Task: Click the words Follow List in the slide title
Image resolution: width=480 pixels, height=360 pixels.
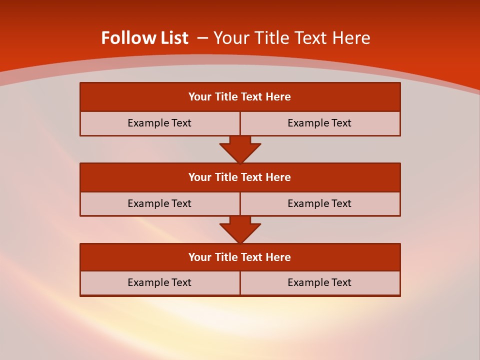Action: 144,38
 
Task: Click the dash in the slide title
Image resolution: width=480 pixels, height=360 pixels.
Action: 202,38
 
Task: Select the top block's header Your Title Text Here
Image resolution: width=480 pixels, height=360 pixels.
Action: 240,97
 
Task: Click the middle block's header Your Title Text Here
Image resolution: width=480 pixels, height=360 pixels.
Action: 240,177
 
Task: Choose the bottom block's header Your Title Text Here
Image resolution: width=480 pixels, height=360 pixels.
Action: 240,257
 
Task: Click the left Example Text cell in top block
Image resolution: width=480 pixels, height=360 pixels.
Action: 159,123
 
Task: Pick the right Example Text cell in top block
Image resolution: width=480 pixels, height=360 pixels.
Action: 320,123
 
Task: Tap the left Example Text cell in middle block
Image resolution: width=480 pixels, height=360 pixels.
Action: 159,203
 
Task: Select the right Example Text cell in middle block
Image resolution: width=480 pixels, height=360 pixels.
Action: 320,203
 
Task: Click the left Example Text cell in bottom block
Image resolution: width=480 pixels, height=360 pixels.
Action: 159,282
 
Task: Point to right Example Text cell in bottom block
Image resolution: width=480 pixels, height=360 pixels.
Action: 320,282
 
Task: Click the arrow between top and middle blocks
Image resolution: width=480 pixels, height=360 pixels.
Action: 240,149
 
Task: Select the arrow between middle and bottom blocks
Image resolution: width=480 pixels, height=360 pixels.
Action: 240,229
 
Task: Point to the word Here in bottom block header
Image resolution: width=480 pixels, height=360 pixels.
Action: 278,257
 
